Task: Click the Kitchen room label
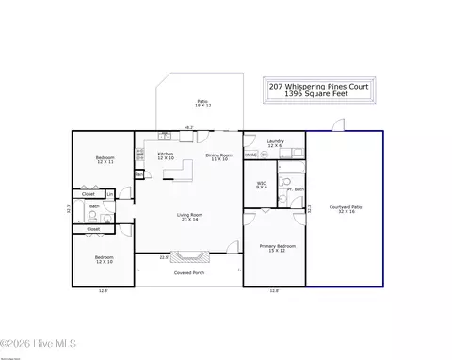point(166,155)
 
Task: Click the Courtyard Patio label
point(345,209)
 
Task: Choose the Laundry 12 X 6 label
point(275,142)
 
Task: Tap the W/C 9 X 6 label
point(262,185)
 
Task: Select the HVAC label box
point(250,155)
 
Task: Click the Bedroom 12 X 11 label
point(105,160)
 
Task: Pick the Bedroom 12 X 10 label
point(105,258)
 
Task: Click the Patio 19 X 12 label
point(202,103)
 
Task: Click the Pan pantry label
point(138,174)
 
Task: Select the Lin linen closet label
point(110,194)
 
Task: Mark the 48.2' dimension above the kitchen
point(188,127)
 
